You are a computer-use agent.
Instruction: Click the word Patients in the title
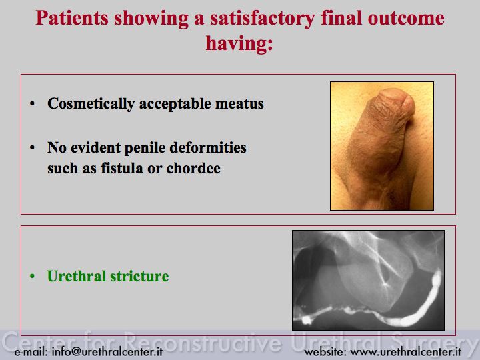tap(72, 19)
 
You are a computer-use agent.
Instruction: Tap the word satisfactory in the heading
tap(263, 19)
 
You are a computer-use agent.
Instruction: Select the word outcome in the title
tap(406, 19)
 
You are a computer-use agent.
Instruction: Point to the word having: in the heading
tap(239, 43)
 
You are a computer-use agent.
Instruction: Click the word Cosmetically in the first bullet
tap(91, 104)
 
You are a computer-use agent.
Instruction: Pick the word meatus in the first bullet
tap(239, 104)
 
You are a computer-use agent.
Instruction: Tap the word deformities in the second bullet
tap(208, 147)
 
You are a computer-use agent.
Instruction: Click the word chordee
tap(193, 168)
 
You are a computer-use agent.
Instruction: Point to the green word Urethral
tap(77, 276)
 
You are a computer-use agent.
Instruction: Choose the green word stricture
tap(139, 276)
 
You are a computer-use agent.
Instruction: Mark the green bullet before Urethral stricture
tap(33, 276)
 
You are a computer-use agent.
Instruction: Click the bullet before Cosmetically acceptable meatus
tap(33, 104)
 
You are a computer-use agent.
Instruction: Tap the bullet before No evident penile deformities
tap(33, 148)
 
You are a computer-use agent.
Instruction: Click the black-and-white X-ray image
tap(368, 280)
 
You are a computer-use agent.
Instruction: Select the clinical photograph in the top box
tap(382, 146)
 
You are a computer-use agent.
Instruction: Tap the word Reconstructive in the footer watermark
tap(202, 341)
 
